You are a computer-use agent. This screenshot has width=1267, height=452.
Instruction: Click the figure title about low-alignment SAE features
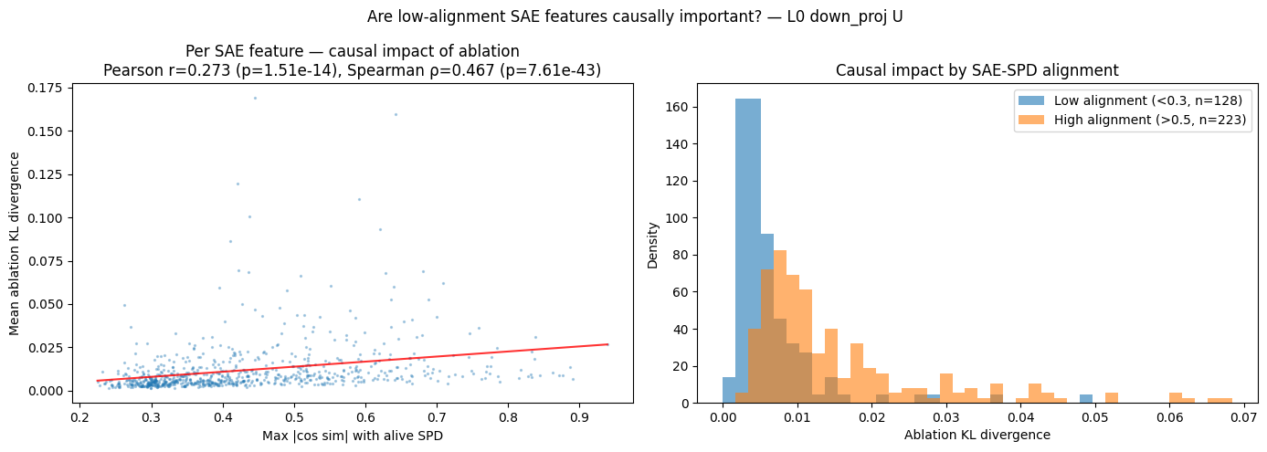(x=633, y=16)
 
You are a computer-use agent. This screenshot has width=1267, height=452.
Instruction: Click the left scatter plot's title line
(x=352, y=52)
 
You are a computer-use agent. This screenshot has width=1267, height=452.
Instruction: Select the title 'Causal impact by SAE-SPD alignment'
(x=977, y=70)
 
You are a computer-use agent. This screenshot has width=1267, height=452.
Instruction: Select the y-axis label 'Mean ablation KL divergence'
(x=15, y=243)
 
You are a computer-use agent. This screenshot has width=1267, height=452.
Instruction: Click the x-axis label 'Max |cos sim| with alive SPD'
(x=352, y=435)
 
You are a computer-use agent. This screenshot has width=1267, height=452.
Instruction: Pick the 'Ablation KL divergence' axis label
(x=977, y=435)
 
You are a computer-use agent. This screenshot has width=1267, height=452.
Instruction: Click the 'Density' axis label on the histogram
(x=652, y=243)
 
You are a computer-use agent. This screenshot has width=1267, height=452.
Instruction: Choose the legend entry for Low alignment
(x=1131, y=100)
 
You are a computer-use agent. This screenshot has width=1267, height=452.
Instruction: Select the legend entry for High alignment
(x=1131, y=120)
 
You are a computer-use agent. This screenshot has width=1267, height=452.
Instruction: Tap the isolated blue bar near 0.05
(x=1085, y=398)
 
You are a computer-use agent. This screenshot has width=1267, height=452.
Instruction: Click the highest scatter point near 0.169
(x=255, y=98)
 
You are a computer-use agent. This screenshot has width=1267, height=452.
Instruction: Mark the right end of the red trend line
(x=607, y=344)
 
